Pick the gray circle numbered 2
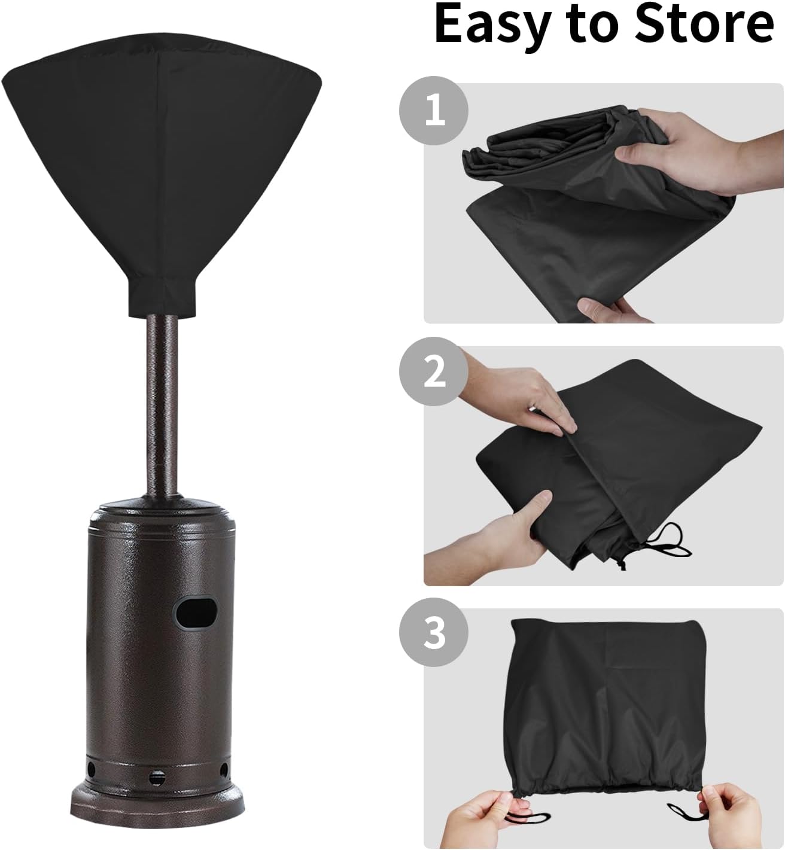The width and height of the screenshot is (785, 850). coord(434,373)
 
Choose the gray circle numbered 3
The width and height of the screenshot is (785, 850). coord(434,633)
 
